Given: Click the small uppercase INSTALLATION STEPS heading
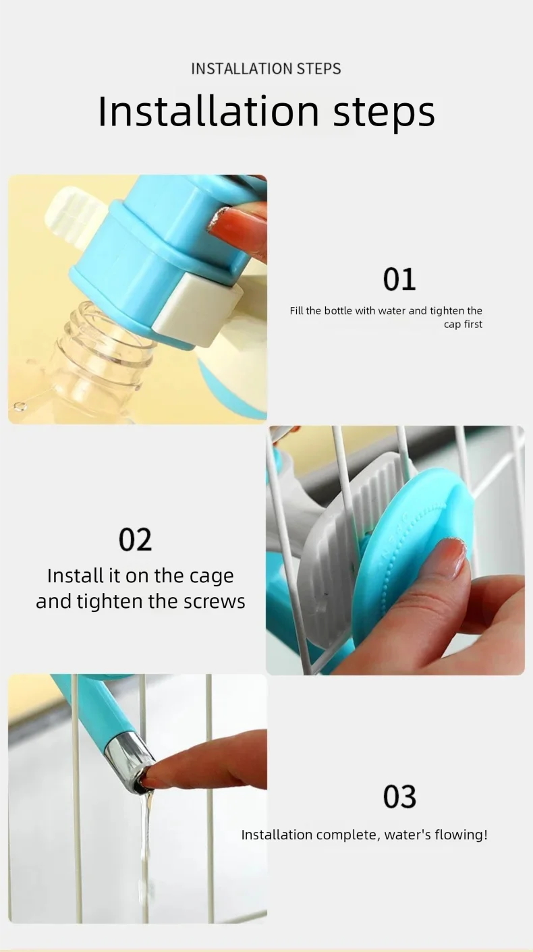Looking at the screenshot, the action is pyautogui.click(x=266, y=69).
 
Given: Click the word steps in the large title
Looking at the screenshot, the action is pyautogui.click(x=384, y=112).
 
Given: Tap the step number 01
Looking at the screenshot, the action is pyautogui.click(x=399, y=279).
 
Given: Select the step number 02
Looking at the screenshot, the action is pyautogui.click(x=135, y=540).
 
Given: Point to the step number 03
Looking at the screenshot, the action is pyautogui.click(x=399, y=797).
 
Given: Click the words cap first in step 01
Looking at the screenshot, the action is pyautogui.click(x=464, y=325).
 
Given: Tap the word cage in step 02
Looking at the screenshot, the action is pyautogui.click(x=211, y=577).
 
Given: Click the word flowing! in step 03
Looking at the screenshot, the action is pyautogui.click(x=464, y=835).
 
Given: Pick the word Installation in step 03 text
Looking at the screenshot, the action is pyautogui.click(x=276, y=835).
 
